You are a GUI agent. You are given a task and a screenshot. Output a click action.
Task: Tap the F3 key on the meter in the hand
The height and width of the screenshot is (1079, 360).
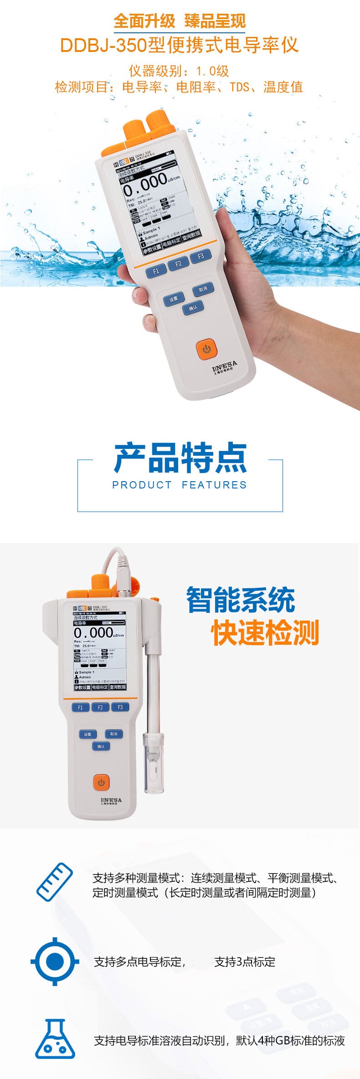201,257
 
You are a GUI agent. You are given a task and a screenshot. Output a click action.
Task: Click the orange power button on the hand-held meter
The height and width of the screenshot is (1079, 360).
206,349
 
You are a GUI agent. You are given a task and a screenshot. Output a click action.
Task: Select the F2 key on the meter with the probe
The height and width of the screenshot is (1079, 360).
100,708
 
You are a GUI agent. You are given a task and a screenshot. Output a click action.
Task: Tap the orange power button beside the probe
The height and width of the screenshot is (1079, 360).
101,783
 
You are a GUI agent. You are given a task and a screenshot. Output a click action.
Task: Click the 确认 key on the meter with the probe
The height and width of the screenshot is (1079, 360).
101,746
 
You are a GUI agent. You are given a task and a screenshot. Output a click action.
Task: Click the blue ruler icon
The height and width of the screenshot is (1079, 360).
55,883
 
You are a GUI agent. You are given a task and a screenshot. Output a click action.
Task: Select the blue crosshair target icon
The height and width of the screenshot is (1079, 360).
55,961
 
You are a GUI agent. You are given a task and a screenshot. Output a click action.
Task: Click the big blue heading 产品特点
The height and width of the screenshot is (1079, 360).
180,458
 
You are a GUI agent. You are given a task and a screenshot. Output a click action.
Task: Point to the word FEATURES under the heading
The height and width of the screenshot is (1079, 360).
214,485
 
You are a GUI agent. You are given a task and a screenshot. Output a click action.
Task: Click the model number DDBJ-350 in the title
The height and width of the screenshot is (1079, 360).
103,46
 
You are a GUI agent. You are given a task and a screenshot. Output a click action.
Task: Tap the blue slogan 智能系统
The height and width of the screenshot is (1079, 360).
241,600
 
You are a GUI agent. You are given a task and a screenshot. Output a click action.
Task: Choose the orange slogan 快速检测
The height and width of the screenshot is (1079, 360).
265,632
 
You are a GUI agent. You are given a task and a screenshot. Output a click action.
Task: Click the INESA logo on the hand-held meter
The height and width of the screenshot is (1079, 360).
225,365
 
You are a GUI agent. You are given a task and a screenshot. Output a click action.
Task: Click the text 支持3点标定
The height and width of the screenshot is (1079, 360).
245,962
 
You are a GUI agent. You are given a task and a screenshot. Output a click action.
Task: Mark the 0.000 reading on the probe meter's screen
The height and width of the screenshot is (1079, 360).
93,633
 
